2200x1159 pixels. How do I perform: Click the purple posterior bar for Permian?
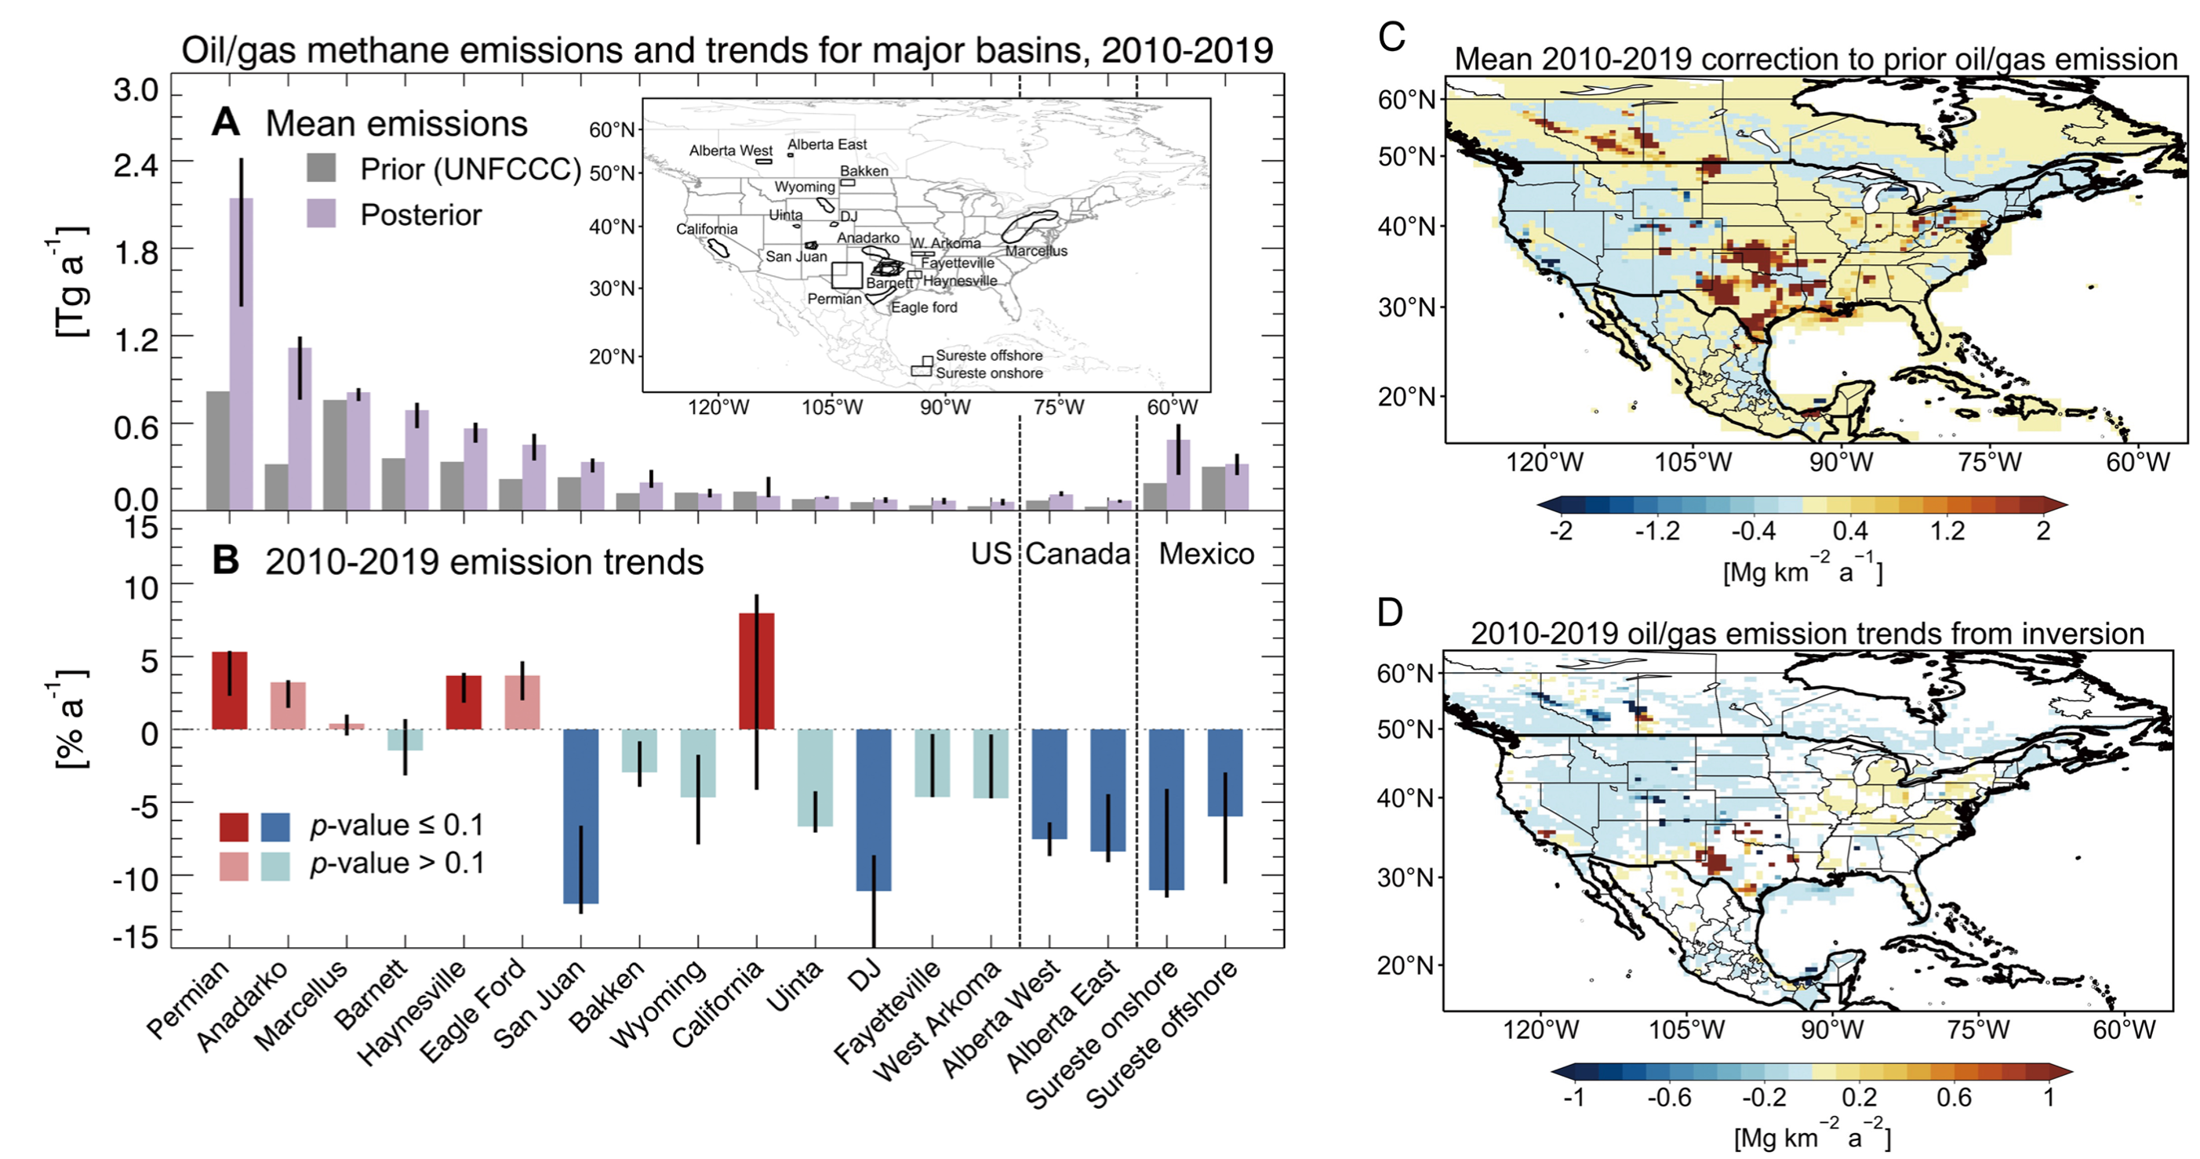[x=241, y=354]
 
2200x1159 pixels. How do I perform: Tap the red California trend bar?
[x=757, y=671]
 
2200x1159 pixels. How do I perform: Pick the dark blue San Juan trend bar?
[x=580, y=816]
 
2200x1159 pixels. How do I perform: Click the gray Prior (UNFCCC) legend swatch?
[x=321, y=169]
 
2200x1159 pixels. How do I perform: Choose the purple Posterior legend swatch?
[x=321, y=213]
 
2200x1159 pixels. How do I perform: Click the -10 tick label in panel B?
[x=136, y=879]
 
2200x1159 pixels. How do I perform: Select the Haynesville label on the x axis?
[x=413, y=1013]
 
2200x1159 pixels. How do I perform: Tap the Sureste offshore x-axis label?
[x=1162, y=1035]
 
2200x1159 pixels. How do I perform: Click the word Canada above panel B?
[x=1078, y=554]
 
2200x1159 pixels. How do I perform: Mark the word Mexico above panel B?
[x=1206, y=554]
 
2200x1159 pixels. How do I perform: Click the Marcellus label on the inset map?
[x=1036, y=251]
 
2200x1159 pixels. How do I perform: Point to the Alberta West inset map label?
[x=730, y=151]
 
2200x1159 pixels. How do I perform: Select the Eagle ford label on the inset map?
[x=924, y=307]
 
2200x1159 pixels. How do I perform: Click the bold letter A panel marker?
[x=225, y=122]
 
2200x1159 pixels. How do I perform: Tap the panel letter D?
[x=1391, y=612]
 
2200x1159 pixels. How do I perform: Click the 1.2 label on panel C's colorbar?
[x=1947, y=531]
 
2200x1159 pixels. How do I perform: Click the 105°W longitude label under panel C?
[x=1693, y=463]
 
